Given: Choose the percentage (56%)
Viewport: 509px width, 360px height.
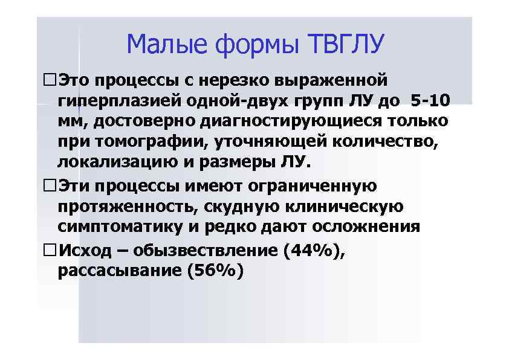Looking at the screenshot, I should click(x=215, y=271).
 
